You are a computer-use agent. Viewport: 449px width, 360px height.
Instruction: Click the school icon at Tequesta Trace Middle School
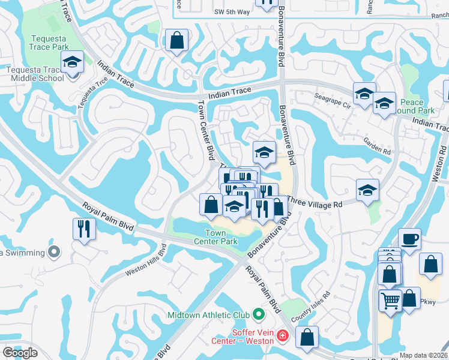click(72, 62)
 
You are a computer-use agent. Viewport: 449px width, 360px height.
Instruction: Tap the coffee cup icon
click(409, 239)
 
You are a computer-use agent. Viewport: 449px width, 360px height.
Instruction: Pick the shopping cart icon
click(390, 299)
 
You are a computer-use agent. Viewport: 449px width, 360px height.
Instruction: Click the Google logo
click(20, 353)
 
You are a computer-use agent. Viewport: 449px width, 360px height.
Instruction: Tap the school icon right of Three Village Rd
click(367, 190)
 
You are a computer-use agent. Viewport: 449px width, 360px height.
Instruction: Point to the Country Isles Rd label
click(310, 306)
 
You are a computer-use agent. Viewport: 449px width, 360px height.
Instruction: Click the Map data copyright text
click(423, 355)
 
